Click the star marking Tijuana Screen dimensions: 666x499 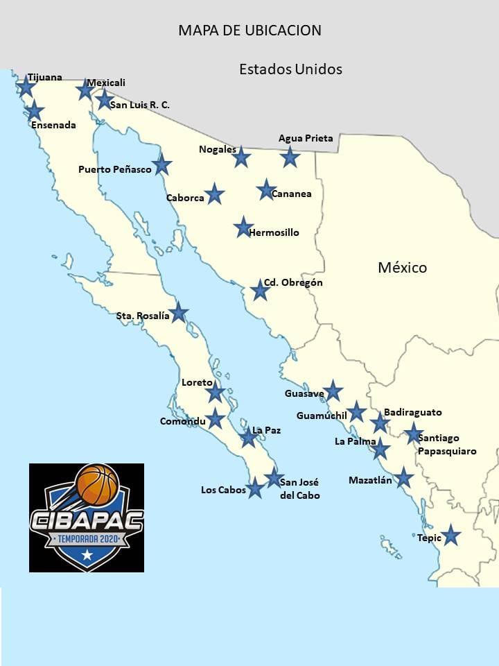pos(26,87)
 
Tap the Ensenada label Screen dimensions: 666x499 pos(53,126)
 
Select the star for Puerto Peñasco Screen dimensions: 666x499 pos(161,164)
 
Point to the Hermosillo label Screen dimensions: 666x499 pos(274,232)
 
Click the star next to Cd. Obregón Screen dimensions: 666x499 pos(260,290)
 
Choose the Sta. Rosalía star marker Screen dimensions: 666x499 pos(179,312)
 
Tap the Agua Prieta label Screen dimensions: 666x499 pos(306,138)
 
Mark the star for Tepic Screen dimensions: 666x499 pos(451,535)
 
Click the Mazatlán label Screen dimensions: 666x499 pos(370,480)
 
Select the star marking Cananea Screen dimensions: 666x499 pos(266,189)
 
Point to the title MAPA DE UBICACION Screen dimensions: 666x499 pos(249,31)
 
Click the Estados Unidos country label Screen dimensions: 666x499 pos(290,69)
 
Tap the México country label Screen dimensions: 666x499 pos(402,267)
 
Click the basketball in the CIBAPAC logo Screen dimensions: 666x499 pos(97,484)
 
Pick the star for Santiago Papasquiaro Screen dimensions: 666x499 pos(414,433)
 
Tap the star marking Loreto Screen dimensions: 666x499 pos(216,392)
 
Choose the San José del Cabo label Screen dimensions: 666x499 pos(299,488)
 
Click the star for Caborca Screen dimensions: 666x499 pos(215,194)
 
